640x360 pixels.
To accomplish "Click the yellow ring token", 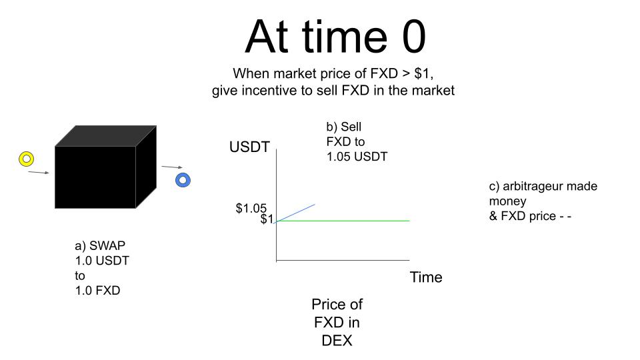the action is pos(27,154).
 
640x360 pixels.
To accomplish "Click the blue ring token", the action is pos(183,175).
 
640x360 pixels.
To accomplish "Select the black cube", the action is pos(105,167).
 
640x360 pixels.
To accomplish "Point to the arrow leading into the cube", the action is pos(39,173).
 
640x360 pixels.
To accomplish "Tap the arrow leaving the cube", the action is pos(172,167).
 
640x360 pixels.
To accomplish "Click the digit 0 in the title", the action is pos(413,37).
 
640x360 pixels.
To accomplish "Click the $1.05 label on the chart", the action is pos(251,208).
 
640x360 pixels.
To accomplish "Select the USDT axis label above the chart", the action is pos(249,147).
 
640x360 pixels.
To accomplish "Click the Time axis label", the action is pos(426,277).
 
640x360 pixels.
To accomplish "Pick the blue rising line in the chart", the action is pos(295,213).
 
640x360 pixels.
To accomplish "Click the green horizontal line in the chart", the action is pos(343,221).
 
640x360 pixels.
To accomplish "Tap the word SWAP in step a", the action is pos(107,245).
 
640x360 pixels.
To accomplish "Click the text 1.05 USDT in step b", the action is pos(357,157).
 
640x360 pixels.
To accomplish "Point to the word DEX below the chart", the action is pos(337,341).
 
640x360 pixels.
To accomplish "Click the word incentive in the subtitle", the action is pos(269,90).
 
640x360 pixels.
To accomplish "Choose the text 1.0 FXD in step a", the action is pos(97,291).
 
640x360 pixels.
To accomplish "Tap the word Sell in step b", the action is pos(351,127).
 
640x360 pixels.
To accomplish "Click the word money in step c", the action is pos(508,201).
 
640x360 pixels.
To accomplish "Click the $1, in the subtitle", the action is pos(423,74).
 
